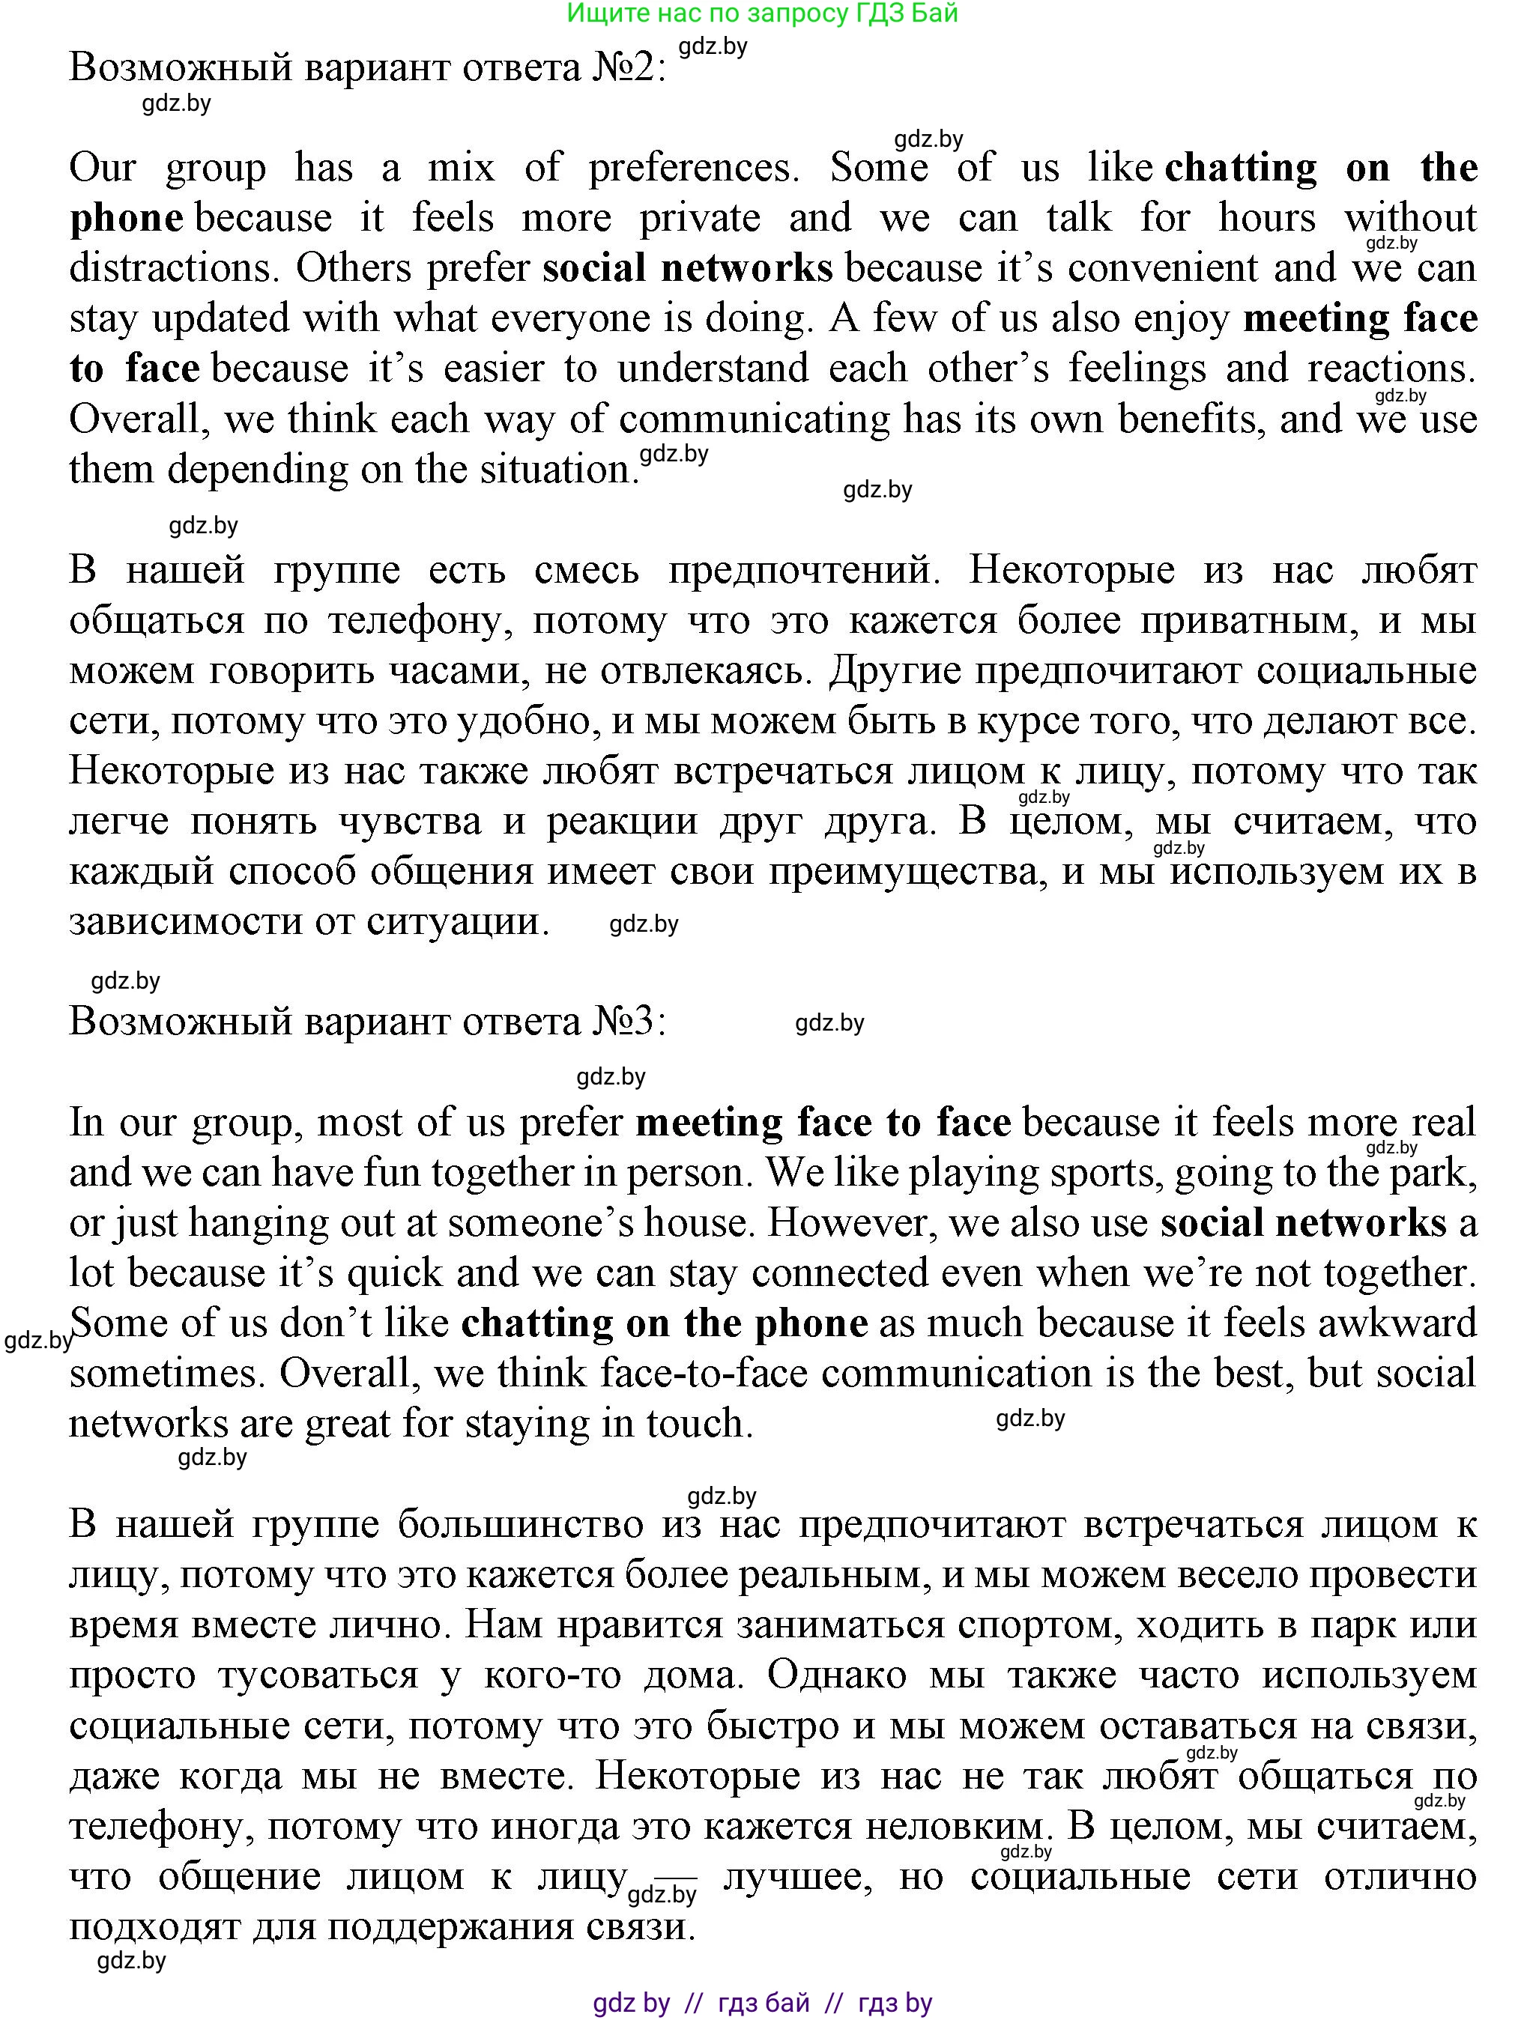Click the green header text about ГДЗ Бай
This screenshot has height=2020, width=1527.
click(x=762, y=13)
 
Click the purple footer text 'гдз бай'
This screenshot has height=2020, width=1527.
click(x=763, y=2003)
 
